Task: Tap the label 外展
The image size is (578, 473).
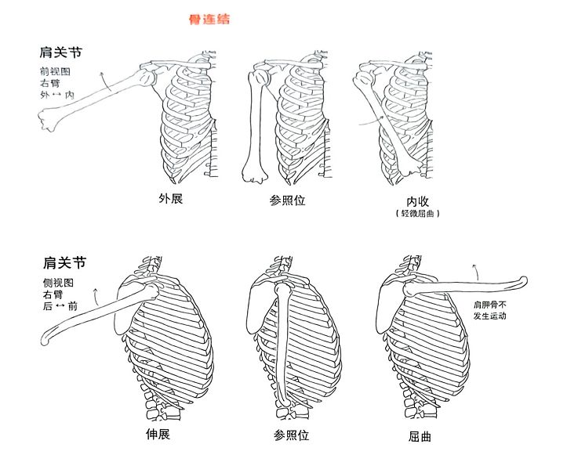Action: click(170, 199)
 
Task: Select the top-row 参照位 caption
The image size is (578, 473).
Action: click(287, 200)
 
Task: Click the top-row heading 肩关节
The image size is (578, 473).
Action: click(61, 53)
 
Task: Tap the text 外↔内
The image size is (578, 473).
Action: click(56, 94)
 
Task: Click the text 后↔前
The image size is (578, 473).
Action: click(60, 306)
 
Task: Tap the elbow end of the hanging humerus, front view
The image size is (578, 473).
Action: click(253, 172)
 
